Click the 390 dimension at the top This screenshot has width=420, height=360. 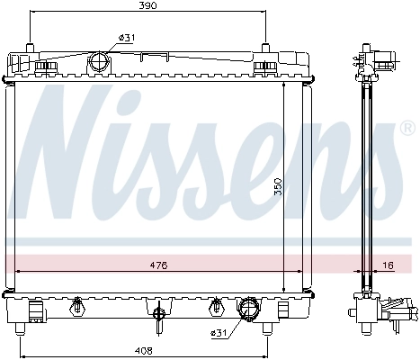pyautogui.click(x=147, y=6)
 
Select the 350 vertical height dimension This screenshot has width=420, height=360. pyautogui.click(x=279, y=185)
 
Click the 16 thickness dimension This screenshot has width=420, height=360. pyautogui.click(x=388, y=265)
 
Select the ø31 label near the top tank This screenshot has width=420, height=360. pyautogui.click(x=127, y=37)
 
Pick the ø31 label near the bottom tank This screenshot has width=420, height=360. pyautogui.click(x=219, y=334)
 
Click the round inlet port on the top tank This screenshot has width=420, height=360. pyautogui.click(x=98, y=62)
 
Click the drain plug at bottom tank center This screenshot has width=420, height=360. pyautogui.click(x=158, y=314)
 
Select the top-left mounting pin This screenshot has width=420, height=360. pyautogui.click(x=30, y=47)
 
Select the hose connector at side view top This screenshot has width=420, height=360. pyautogui.click(x=386, y=63)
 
